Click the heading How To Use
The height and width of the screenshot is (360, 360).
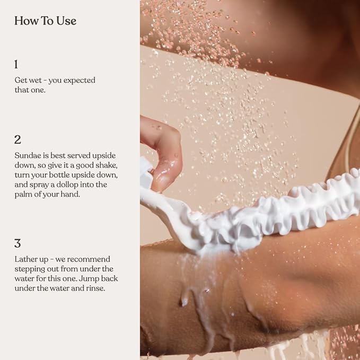click(x=45, y=21)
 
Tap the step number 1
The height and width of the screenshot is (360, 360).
click(x=16, y=64)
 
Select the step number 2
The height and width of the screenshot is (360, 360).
click(x=17, y=139)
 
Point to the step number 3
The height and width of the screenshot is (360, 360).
click(x=17, y=243)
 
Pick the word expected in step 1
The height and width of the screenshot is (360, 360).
click(x=79, y=81)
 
